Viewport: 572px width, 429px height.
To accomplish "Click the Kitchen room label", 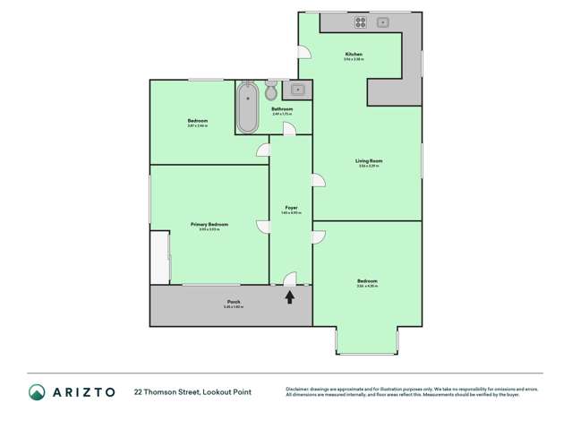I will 354,55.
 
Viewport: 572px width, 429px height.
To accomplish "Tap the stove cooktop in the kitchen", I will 360,22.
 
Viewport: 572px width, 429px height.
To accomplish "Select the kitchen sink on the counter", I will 382,21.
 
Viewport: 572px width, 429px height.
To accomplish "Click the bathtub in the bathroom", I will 247,107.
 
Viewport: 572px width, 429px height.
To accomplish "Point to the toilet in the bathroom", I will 271,90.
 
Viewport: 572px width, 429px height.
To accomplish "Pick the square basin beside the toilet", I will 296,90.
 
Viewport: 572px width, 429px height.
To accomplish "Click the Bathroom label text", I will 282,109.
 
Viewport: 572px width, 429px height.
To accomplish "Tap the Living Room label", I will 369,160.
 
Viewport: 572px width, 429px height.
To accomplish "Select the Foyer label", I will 291,208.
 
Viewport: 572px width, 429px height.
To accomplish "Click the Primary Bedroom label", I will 209,224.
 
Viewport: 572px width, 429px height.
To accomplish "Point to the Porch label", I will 233,302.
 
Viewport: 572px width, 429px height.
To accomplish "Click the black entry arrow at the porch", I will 290,296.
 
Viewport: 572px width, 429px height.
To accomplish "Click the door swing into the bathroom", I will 289,130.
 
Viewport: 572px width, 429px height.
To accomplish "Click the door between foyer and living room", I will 317,182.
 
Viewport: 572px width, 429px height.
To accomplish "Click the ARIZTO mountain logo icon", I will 38,391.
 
